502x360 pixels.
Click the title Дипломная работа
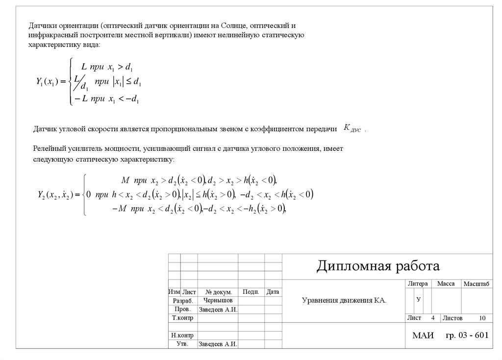click(378, 266)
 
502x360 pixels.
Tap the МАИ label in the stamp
click(423, 336)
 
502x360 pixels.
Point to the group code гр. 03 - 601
click(467, 335)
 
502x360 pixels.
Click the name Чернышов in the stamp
click(218, 300)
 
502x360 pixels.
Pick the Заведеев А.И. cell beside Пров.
click(218, 310)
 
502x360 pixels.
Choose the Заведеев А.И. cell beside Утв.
click(218, 344)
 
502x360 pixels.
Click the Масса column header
click(446, 284)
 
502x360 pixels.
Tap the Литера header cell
click(417, 284)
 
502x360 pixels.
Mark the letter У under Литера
click(418, 299)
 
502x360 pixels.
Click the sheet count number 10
click(482, 318)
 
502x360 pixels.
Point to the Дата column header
click(273, 292)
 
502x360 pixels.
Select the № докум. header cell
click(218, 292)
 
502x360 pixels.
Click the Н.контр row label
click(182, 336)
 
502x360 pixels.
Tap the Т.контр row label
click(182, 318)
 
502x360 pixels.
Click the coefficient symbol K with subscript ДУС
click(352, 129)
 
